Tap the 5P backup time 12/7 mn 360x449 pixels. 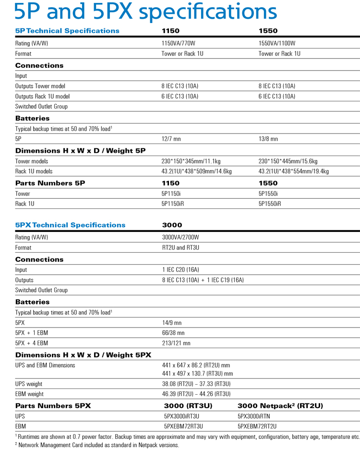click(x=171, y=139)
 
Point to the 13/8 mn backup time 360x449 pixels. click(x=268, y=139)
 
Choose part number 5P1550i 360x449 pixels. click(x=268, y=194)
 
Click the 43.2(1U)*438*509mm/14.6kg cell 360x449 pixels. click(x=197, y=171)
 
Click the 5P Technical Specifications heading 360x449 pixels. click(x=67, y=31)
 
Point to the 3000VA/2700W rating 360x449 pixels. click(x=180, y=238)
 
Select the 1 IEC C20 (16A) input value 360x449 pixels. click(x=180, y=270)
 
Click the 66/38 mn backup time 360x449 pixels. click(x=173, y=333)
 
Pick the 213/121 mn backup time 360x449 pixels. click(x=176, y=343)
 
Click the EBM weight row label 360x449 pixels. click(x=29, y=394)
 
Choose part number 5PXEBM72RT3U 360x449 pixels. click(x=184, y=426)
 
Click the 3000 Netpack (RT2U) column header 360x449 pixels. click(x=280, y=406)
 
